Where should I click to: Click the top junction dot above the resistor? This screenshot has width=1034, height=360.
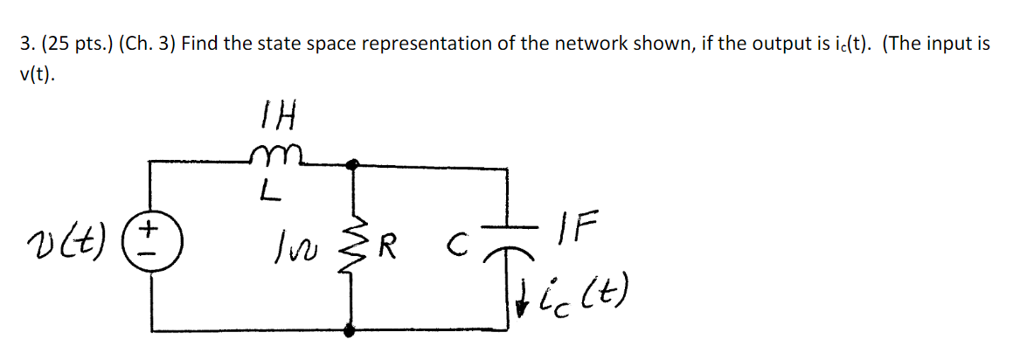click(x=352, y=163)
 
